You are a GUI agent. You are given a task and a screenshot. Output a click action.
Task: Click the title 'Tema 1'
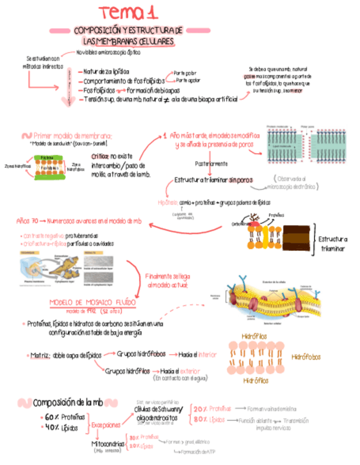[x=127, y=13]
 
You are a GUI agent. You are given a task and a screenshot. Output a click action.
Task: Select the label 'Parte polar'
[x=185, y=72]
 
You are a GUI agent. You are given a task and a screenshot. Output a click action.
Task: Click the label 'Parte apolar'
[x=188, y=81]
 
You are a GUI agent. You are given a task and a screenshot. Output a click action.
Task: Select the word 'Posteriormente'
[x=211, y=163]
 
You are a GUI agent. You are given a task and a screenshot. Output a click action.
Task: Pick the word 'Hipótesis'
[x=167, y=202]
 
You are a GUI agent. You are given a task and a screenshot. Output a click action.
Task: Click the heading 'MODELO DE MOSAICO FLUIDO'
[x=93, y=302]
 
